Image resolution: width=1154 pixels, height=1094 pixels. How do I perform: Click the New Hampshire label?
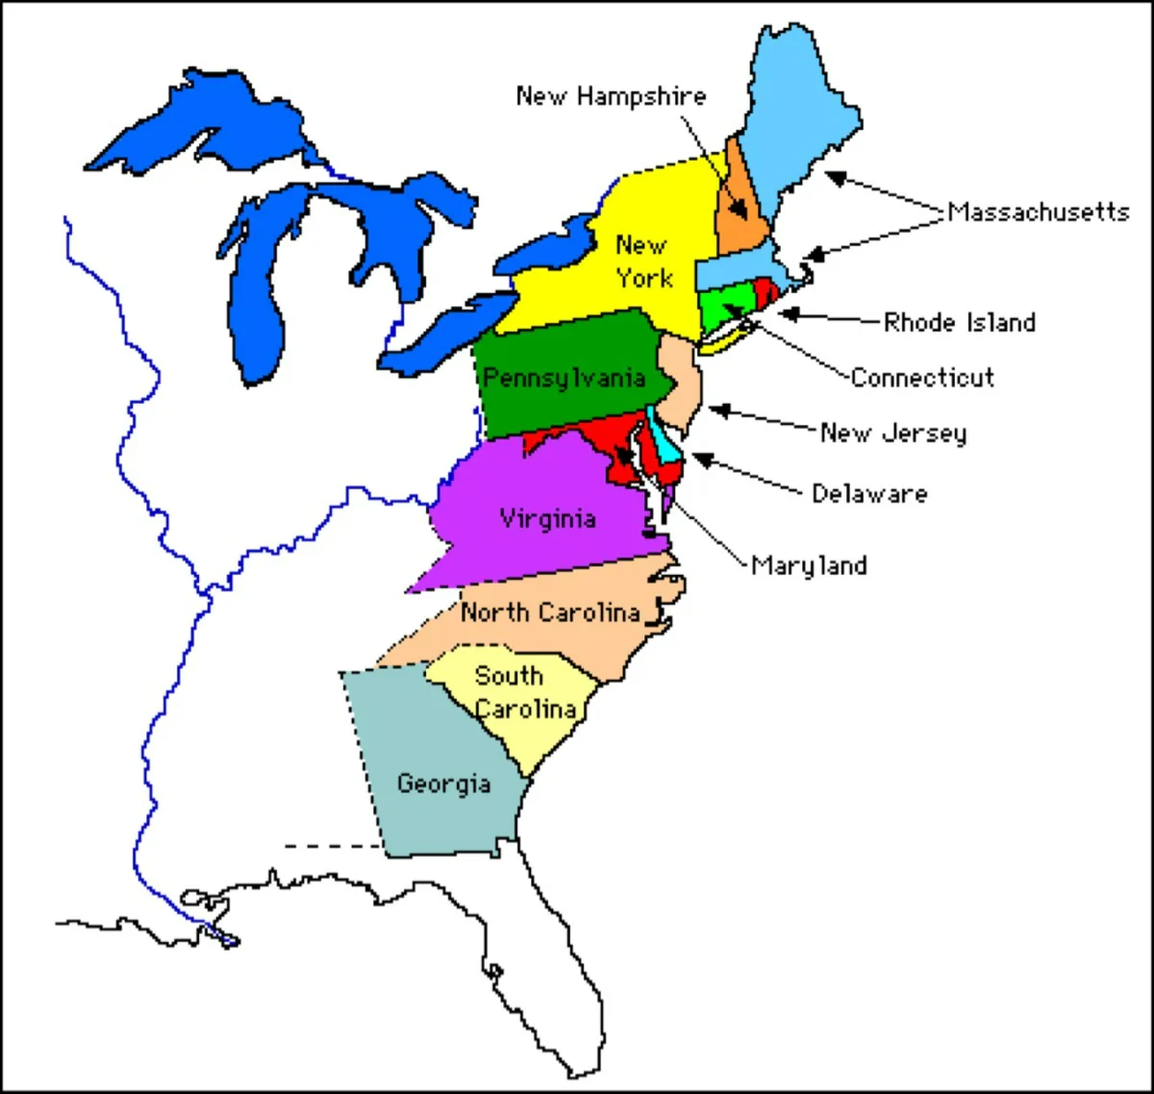(611, 96)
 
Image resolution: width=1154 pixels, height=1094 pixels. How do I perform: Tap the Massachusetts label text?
(1039, 211)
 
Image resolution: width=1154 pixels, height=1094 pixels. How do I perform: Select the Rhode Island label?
(960, 322)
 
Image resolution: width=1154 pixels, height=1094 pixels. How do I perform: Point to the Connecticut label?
(922, 378)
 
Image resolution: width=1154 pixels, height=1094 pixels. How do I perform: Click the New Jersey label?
(893, 434)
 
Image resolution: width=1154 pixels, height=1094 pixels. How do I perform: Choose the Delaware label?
(870, 494)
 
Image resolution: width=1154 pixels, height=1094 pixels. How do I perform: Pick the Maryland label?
(809, 565)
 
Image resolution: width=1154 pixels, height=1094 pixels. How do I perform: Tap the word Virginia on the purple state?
(548, 519)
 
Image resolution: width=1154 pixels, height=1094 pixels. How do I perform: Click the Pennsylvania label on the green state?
(564, 378)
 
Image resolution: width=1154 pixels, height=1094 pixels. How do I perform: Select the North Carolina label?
(550, 612)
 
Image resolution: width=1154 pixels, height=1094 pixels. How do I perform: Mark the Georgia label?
(443, 783)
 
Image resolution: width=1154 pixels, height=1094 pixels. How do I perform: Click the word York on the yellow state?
(644, 279)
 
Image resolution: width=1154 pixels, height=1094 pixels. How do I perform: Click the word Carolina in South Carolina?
(526, 709)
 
